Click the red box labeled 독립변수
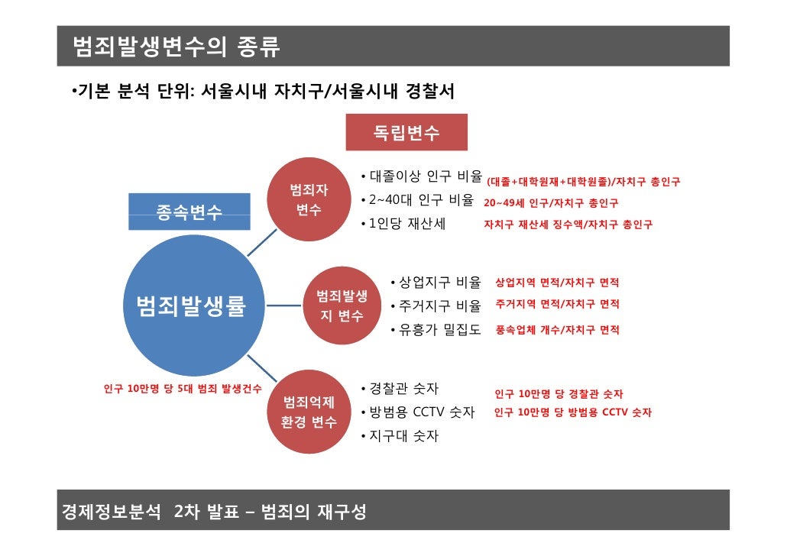[406, 133]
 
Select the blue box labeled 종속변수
[189, 212]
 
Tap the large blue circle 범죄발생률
[189, 306]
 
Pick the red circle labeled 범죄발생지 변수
[341, 305]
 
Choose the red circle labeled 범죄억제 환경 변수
[309, 412]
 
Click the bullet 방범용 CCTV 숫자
[422, 412]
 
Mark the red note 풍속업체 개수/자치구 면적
[557, 330]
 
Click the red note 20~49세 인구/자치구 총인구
[551, 203]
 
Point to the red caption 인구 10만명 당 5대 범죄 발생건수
[183, 389]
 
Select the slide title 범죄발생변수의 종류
[177, 47]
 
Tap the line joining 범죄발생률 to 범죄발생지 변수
[287, 306]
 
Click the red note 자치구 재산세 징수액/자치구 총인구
[568, 225]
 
